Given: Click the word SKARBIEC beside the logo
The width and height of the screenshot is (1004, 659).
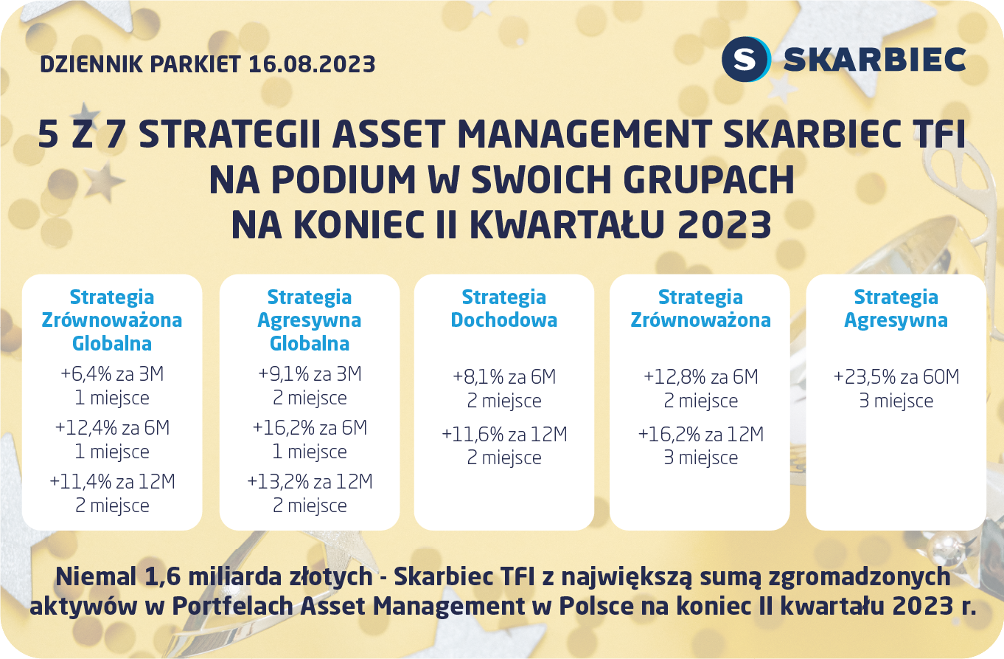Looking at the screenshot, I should (874, 60).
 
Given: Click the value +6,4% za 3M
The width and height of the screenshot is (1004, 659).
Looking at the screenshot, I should (112, 375).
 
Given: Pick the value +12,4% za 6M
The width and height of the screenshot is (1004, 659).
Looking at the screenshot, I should (112, 428).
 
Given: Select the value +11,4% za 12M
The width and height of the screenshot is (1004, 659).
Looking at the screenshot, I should (112, 482).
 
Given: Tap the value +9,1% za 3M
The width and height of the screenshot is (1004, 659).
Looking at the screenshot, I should (310, 375).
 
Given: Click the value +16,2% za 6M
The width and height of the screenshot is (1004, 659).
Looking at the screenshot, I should (310, 428).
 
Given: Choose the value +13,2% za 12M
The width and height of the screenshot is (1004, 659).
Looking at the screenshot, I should (310, 482).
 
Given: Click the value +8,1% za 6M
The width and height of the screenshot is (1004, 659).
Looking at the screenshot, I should (504, 377).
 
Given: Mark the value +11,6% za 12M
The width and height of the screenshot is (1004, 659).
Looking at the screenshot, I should (504, 435).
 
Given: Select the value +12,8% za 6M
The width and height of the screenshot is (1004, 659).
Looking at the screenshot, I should (700, 377).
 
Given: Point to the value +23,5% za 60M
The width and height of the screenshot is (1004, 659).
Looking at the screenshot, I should (896, 377).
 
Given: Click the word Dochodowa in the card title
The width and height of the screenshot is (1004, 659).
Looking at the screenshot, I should (504, 320).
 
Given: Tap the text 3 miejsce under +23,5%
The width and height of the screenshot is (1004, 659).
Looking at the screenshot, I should (896, 401).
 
